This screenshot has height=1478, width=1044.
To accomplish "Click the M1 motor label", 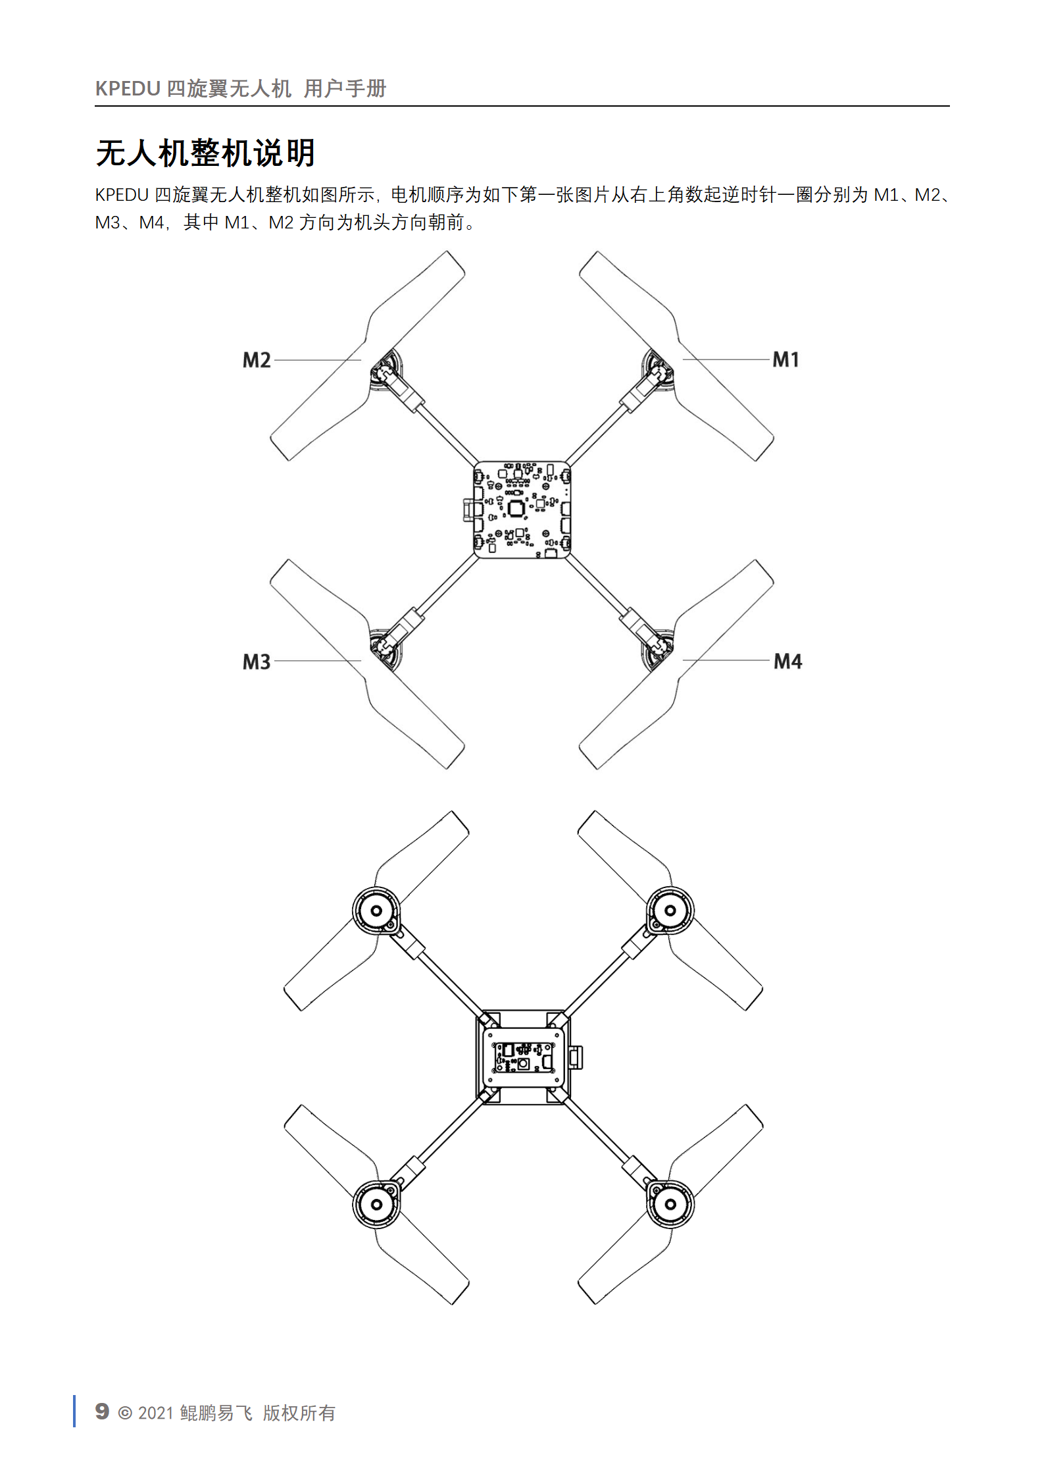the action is click(785, 359).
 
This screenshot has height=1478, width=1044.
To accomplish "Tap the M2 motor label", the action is click(257, 360).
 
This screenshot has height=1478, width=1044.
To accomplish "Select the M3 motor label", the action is click(257, 662).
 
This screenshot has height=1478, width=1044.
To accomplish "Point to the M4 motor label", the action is click(787, 661).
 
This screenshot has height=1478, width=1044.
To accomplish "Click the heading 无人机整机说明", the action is click(205, 153).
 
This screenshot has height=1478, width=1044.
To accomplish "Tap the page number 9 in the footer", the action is click(102, 1411).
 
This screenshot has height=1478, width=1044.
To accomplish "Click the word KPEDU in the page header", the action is click(128, 88).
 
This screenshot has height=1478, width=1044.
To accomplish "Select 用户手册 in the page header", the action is click(345, 88).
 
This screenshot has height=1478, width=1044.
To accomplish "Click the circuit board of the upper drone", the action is click(522, 510).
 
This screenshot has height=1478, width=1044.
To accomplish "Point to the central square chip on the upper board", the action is click(516, 508).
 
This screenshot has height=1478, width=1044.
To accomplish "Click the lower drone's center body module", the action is click(523, 1057).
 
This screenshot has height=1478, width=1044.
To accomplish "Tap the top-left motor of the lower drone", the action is click(376, 911).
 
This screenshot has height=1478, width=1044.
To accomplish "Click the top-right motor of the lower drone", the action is click(670, 911).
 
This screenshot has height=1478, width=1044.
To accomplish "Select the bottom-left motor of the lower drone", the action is click(376, 1204).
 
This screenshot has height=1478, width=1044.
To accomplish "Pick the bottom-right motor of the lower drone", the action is click(670, 1204).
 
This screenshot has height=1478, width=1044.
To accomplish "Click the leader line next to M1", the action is click(726, 359).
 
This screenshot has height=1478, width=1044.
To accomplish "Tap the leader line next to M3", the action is click(318, 661).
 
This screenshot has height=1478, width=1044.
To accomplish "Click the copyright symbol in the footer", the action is click(124, 1413).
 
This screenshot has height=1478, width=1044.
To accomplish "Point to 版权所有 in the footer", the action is click(299, 1412).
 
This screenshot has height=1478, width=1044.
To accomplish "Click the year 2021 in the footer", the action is click(156, 1413).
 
